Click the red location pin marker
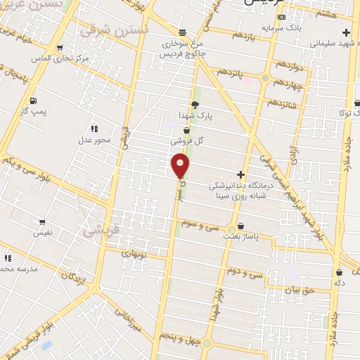[181, 165]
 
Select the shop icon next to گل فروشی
[186, 129]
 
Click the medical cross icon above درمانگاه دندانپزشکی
[240, 174]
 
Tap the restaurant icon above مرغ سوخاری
[182, 32]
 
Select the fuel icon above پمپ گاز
[34, 99]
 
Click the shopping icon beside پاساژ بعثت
[242, 226]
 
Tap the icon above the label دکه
[340, 272]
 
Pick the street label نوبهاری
[133, 251]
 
